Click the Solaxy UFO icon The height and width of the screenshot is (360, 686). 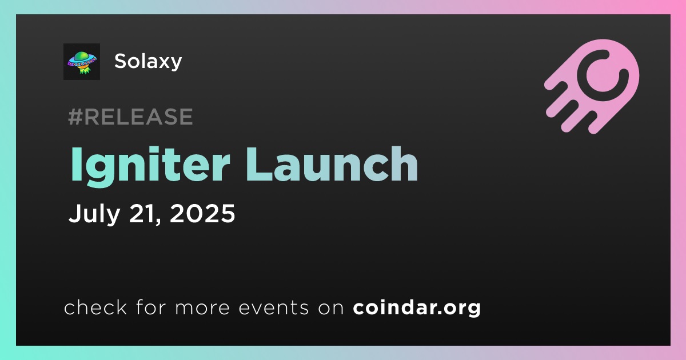pyautogui.click(x=82, y=62)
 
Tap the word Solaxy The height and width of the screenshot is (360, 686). pyautogui.click(x=148, y=61)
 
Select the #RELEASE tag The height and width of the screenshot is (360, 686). pyautogui.click(x=130, y=117)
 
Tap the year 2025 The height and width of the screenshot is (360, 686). pyautogui.click(x=202, y=213)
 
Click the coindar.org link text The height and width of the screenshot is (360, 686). pyautogui.click(x=417, y=307)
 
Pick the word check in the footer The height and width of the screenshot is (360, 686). pyautogui.click(x=95, y=307)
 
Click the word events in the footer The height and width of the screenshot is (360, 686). pyautogui.click(x=273, y=307)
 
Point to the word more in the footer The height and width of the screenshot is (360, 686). pyautogui.click(x=202, y=308)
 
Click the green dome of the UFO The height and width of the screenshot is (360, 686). pyautogui.click(x=81, y=57)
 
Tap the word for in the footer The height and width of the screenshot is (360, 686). pyautogui.click(x=151, y=307)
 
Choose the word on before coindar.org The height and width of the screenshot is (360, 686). pyautogui.click(x=331, y=308)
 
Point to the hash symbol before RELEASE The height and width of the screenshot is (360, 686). pyautogui.click(x=75, y=117)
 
